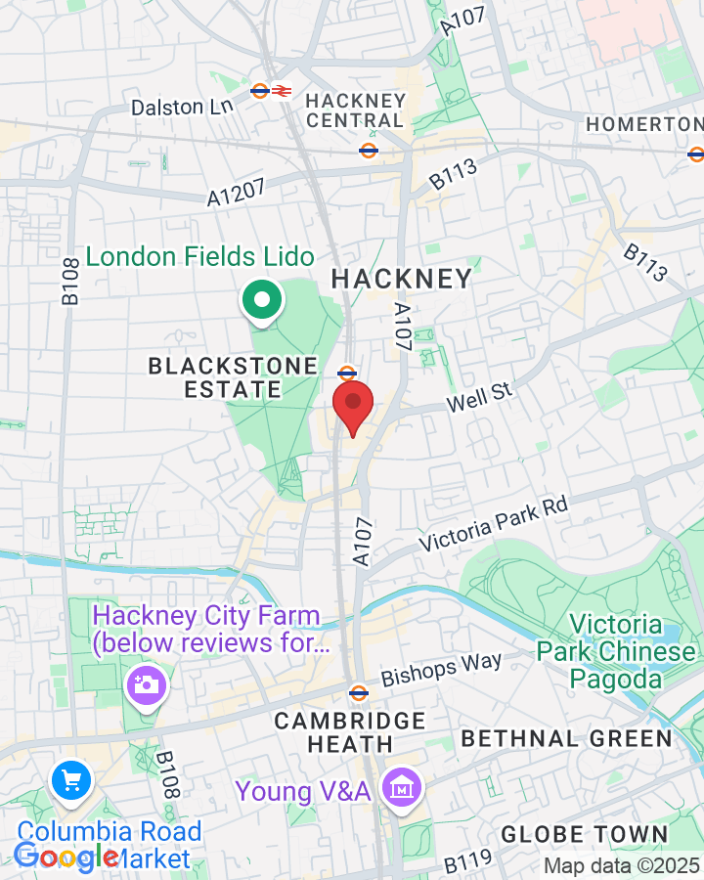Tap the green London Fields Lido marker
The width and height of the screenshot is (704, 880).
pyautogui.click(x=261, y=300)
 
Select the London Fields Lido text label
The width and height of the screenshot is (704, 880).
pyautogui.click(x=200, y=257)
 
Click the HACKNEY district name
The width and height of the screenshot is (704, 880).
pyautogui.click(x=401, y=279)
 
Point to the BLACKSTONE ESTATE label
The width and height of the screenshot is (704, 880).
pyautogui.click(x=233, y=377)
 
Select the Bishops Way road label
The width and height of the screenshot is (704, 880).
pyautogui.click(x=441, y=670)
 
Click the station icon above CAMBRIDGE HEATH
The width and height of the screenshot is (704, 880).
pyautogui.click(x=359, y=693)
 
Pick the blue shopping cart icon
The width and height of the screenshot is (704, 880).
pyautogui.click(x=71, y=780)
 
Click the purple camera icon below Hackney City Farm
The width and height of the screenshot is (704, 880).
pyautogui.click(x=147, y=684)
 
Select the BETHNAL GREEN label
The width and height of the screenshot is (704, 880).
pyautogui.click(x=567, y=738)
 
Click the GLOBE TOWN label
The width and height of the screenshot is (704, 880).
pyautogui.click(x=584, y=835)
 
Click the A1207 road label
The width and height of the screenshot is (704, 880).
pyautogui.click(x=236, y=191)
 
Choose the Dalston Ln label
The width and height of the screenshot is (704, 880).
pyautogui.click(x=182, y=106)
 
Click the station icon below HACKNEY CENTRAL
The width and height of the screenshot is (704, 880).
pyautogui.click(x=369, y=151)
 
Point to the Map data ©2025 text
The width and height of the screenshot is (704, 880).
pyautogui.click(x=621, y=865)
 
